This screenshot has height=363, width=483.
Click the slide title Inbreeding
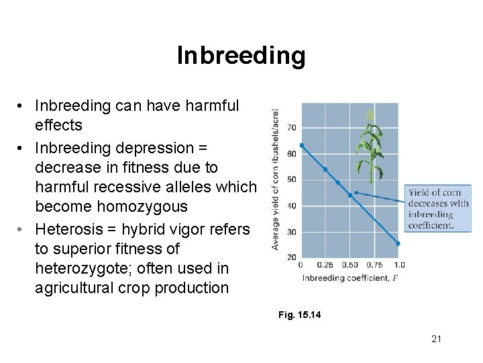[x=241, y=56]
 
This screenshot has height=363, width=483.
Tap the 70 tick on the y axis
[x=292, y=128]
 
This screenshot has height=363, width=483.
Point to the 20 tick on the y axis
[x=292, y=257]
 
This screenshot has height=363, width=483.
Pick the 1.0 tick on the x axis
[x=399, y=265]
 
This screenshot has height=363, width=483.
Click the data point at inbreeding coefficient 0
[x=302, y=145]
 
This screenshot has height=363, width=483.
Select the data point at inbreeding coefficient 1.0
[x=398, y=243]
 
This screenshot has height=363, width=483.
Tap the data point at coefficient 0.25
[x=325, y=169]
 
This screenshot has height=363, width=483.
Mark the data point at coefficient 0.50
[x=350, y=195]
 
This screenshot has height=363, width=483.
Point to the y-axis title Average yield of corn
[x=275, y=180]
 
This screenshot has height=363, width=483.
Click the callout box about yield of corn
[x=439, y=209]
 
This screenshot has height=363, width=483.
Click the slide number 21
[x=436, y=339]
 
